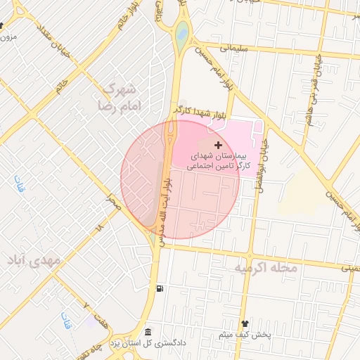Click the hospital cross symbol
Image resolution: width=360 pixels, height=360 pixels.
point(218,144)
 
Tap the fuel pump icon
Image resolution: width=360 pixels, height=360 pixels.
point(162,288)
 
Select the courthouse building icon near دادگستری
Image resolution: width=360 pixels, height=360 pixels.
point(147,332)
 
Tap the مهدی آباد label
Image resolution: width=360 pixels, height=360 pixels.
point(31,262)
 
